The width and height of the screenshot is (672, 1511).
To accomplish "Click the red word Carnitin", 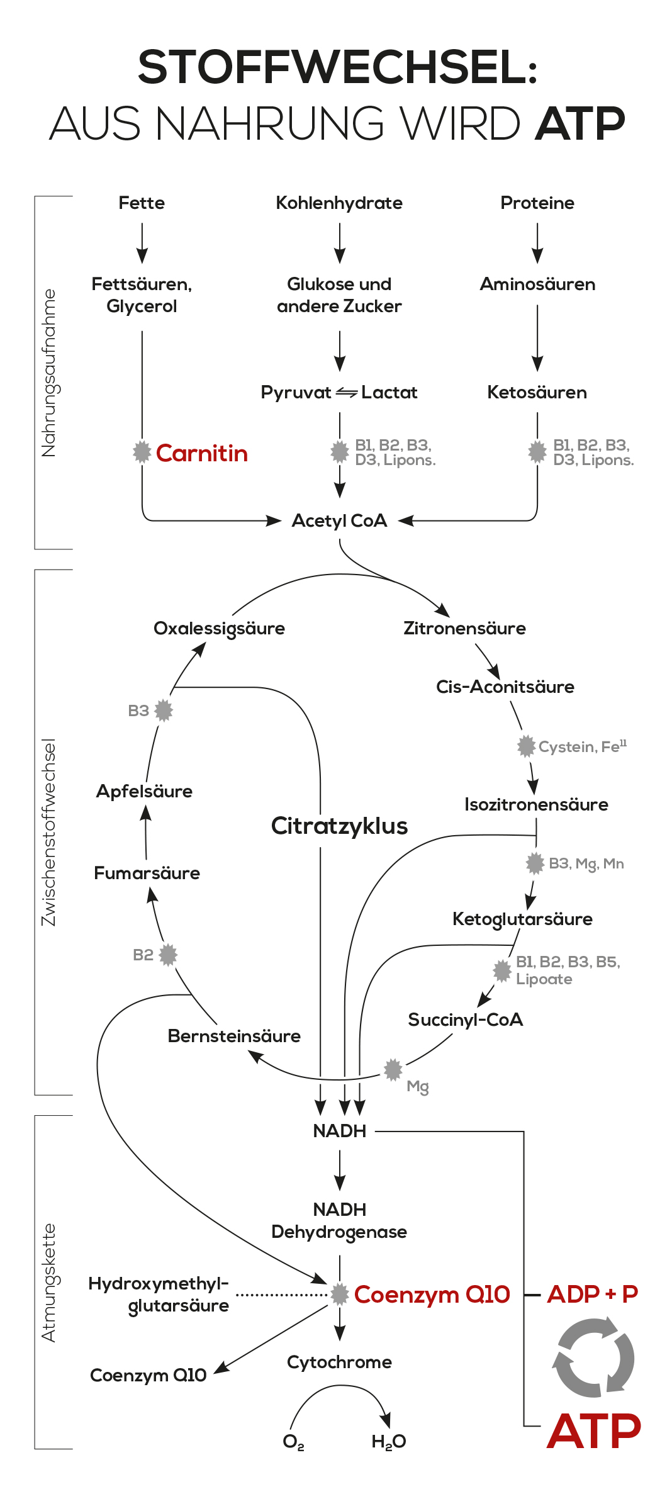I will (x=201, y=453).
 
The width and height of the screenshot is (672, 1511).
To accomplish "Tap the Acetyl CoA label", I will (x=339, y=521).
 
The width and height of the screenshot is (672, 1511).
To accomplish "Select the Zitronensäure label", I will (x=464, y=628).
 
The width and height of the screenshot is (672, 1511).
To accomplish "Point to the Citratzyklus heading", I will (x=339, y=826).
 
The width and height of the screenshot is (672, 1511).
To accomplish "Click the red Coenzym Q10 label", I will (x=432, y=1295).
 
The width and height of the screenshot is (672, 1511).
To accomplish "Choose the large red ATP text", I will (x=593, y=1431).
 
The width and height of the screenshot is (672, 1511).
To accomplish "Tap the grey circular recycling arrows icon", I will (x=593, y=1357).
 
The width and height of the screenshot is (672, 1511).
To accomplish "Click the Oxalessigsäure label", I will (x=219, y=628).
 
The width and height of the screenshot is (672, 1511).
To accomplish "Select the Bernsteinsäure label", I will (x=234, y=1036).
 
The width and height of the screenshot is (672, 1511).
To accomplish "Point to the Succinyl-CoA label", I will (x=465, y=1020).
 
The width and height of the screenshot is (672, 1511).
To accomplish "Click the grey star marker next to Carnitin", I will (x=142, y=451).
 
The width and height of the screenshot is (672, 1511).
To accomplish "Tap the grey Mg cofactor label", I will (x=418, y=1086).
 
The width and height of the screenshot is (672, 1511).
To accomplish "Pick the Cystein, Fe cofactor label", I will (x=582, y=746).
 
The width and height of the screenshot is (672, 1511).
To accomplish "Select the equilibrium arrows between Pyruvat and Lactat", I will (x=346, y=393).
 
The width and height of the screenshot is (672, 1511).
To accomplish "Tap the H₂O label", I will (x=388, y=1441).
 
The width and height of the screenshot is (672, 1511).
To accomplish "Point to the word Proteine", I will (x=537, y=203).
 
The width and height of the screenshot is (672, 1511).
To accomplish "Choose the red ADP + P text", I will (x=592, y=1294).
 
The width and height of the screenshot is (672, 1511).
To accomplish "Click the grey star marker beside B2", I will (x=168, y=955).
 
